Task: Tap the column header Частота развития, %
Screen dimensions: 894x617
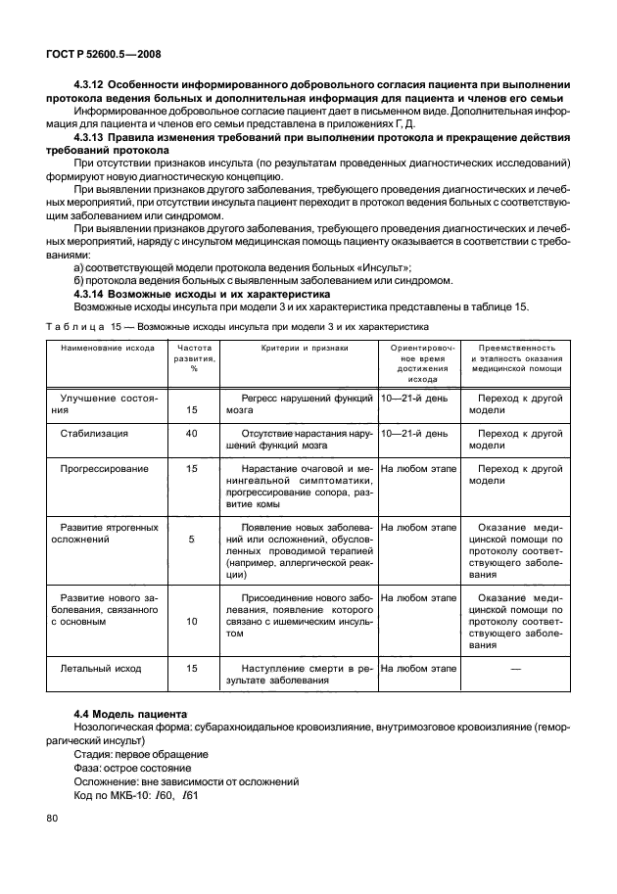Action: click(193, 358)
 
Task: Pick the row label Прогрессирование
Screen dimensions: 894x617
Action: click(105, 469)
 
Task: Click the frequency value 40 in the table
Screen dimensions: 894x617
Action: click(192, 433)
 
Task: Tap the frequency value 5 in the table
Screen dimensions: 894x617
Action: click(192, 540)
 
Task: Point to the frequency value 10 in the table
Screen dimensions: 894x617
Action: click(192, 621)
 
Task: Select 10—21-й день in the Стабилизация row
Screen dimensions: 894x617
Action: click(414, 433)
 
